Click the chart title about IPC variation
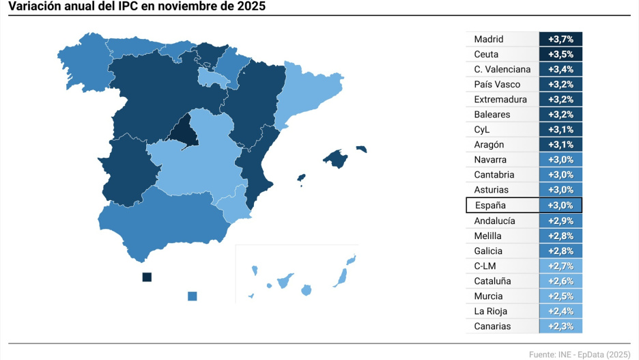pos(137,6)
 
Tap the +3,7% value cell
pos(560,40)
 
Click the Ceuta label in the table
pos(486,55)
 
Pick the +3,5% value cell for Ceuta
pos(560,55)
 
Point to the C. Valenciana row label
pos(502,70)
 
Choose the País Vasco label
pos(497,85)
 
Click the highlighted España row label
pos(491,205)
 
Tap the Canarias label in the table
pos(492,327)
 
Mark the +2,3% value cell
pos(560,327)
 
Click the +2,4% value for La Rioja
pos(560,311)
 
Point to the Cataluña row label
pos(492,281)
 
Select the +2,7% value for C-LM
pos(560,266)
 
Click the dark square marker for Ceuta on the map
pos(146,277)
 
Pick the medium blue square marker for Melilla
pos(192,296)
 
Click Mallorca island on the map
pos(335,158)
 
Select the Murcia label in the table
pos(488,296)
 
